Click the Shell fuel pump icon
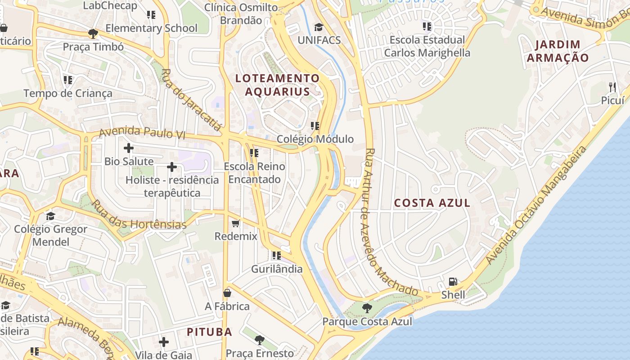click(x=453, y=282)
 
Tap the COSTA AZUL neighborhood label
click(x=432, y=203)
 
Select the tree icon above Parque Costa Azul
click(x=367, y=308)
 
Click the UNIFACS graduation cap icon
click(x=319, y=27)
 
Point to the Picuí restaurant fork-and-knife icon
click(x=612, y=87)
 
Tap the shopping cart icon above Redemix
click(x=236, y=223)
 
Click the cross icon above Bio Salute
click(x=129, y=148)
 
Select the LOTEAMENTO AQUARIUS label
click(x=277, y=85)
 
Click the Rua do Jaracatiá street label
click(x=191, y=99)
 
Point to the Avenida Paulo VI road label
click(x=142, y=133)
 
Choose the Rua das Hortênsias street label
click(x=139, y=216)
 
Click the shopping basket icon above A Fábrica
click(x=227, y=293)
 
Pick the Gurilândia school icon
click(x=276, y=256)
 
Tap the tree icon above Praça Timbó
click(x=93, y=33)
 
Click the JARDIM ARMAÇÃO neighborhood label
click(x=558, y=51)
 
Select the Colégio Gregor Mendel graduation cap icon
click(x=50, y=216)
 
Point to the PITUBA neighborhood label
click(x=209, y=332)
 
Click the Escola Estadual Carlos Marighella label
click(x=427, y=46)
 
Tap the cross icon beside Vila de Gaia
click(x=164, y=342)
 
